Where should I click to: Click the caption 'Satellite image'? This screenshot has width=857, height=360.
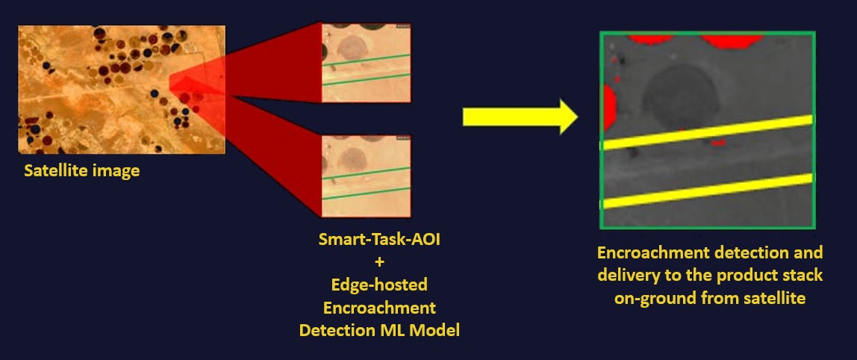(81, 171)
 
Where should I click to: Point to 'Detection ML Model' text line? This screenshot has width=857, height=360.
(379, 329)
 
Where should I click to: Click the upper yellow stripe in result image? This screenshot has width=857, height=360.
(705, 132)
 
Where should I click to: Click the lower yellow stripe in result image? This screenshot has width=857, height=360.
(705, 191)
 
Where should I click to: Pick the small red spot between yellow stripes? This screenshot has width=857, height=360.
(718, 142)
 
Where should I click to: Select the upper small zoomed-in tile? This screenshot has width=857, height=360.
(366, 63)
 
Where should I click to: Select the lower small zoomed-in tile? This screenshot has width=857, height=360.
(366, 176)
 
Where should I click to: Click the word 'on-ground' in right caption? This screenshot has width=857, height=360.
(651, 298)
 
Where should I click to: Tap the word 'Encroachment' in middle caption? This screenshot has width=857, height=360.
(379, 307)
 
